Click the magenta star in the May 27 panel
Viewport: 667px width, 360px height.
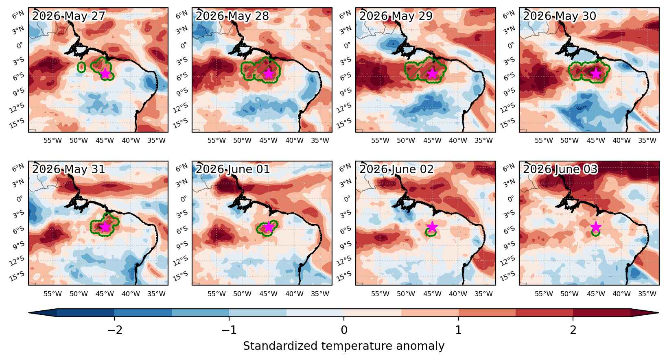[105, 73]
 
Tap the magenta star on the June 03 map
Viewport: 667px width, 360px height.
[595, 227]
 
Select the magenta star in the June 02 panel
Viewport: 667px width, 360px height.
[432, 227]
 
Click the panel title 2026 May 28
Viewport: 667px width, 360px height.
[232, 16]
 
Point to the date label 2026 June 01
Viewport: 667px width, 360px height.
[233, 169]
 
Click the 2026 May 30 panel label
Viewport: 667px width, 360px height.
[560, 16]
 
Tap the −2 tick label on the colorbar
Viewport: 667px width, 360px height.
[115, 330]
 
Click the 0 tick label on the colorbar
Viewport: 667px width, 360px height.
[344, 330]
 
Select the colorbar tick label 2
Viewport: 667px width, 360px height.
[573, 330]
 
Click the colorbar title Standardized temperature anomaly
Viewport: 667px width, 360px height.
[343, 346]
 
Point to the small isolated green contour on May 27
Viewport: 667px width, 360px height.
[81, 67]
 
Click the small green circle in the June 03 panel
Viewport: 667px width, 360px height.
[595, 232]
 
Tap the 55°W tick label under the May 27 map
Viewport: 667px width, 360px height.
[53, 140]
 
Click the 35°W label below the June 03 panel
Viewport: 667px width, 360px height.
[647, 294]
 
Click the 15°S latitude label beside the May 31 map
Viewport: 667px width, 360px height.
[17, 276]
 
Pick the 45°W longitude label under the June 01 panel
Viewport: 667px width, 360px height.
[268, 294]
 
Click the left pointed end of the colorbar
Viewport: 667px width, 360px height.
[29, 313]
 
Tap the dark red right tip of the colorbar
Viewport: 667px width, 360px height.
[658, 313]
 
